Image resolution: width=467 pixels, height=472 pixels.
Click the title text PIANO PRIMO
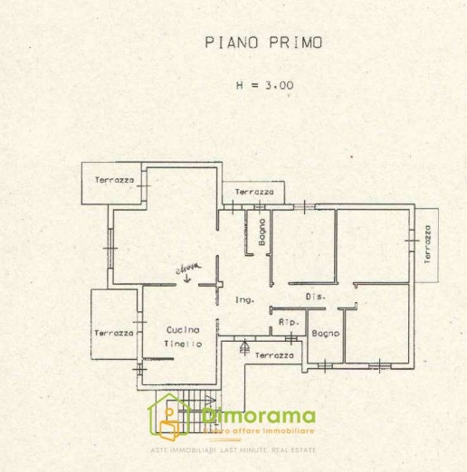(263, 42)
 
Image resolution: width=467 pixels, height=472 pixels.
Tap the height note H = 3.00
(263, 86)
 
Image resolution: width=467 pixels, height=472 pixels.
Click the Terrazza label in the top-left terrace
(114, 180)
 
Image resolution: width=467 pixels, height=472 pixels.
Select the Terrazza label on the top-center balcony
(254, 193)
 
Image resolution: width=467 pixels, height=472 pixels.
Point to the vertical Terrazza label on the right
(427, 243)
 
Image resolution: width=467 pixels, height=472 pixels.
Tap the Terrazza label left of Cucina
(113, 333)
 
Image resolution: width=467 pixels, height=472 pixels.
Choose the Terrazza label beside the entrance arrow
(273, 355)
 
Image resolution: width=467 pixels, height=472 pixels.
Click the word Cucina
(182, 331)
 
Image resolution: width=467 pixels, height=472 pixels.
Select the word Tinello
(182, 345)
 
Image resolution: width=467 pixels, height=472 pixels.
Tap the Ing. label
(243, 300)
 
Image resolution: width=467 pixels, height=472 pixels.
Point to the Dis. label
(314, 297)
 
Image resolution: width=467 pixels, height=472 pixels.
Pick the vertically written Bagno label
(261, 233)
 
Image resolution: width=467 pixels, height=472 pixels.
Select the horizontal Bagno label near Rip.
(326, 334)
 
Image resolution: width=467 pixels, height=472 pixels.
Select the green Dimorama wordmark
(259, 416)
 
